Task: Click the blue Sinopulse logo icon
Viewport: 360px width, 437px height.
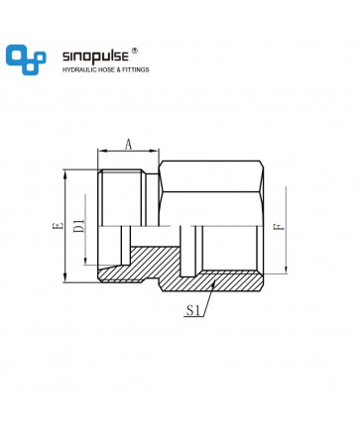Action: (x=26, y=59)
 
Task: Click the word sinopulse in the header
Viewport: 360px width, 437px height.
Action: (x=95, y=56)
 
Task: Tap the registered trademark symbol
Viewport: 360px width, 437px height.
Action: (x=135, y=51)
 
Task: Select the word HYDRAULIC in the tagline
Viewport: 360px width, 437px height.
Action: (x=77, y=69)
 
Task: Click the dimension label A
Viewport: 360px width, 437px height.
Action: (x=128, y=144)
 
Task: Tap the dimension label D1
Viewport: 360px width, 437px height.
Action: (x=79, y=226)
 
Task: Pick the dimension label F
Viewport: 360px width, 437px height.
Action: (x=279, y=227)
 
